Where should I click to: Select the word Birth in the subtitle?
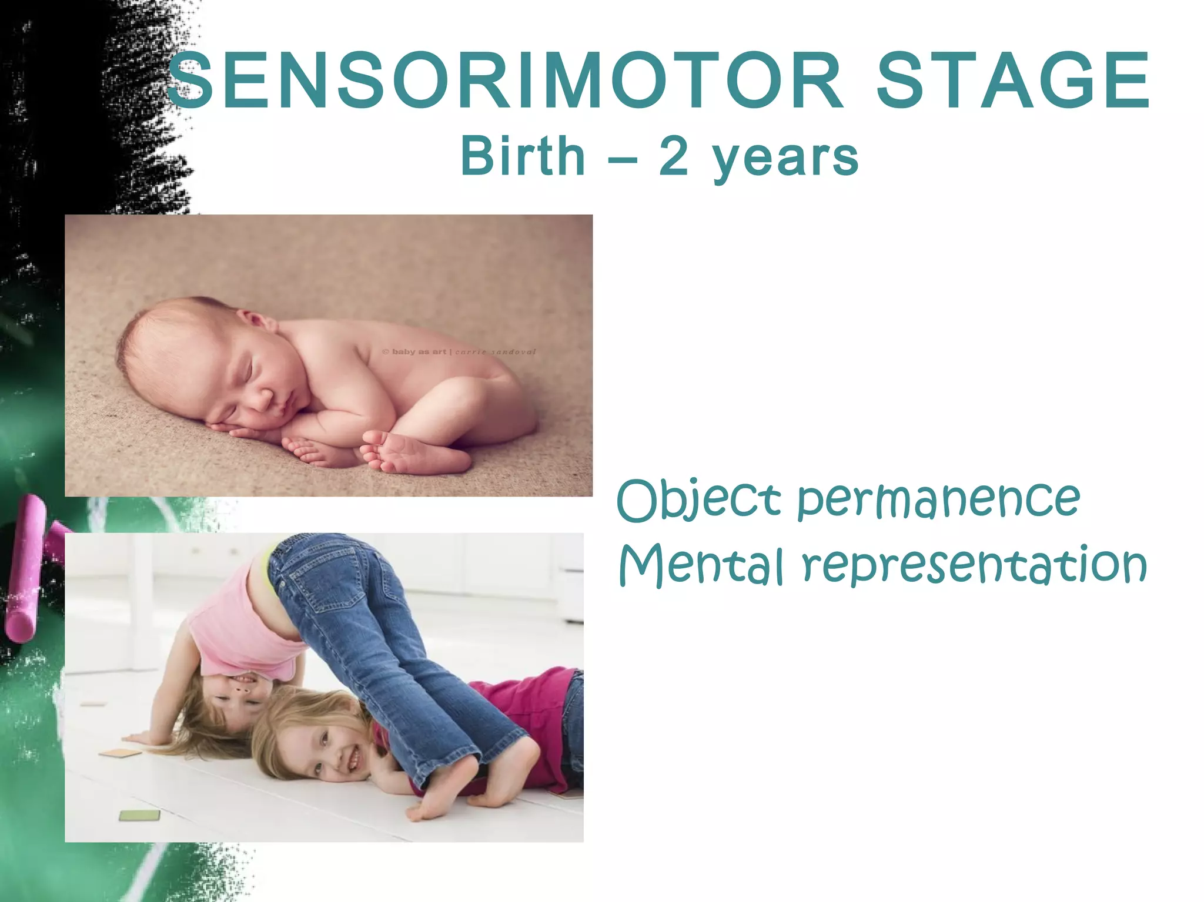(523, 155)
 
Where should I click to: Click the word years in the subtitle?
(785, 159)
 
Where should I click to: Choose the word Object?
(698, 501)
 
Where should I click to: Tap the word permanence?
(938, 501)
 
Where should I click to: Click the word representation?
(974, 566)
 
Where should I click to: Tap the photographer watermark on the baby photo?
(459, 352)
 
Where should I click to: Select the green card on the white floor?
(139, 815)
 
